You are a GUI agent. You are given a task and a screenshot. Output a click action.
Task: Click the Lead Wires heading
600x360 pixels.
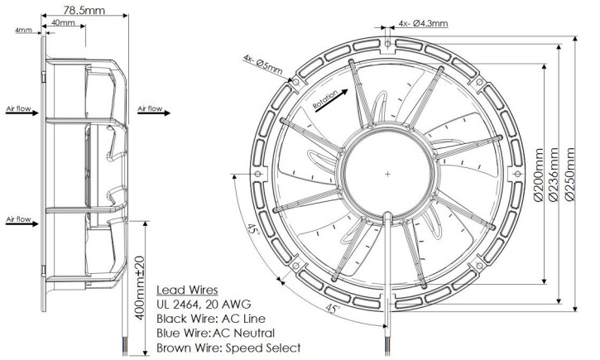coord(188,290)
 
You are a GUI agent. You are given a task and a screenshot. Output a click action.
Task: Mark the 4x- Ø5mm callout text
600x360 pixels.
coord(266,60)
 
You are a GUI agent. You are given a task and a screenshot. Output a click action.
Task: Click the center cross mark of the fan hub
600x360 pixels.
coord(387,174)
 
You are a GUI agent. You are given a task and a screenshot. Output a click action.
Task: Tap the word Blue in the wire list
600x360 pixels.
coord(171,334)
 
